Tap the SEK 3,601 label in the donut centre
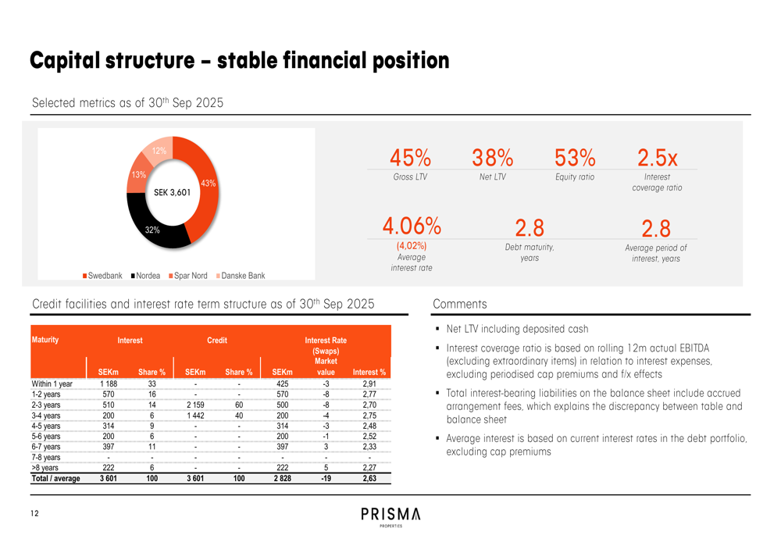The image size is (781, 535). pyautogui.click(x=172, y=192)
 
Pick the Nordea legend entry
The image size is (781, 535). pyautogui.click(x=145, y=276)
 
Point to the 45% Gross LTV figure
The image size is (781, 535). pyautogui.click(x=410, y=158)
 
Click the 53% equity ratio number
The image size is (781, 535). pyautogui.click(x=575, y=158)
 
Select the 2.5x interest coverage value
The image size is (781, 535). pyautogui.click(x=657, y=158)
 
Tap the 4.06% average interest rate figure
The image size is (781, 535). pyautogui.click(x=412, y=226)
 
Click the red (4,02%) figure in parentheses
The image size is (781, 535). pyautogui.click(x=412, y=245)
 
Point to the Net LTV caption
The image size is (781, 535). pyautogui.click(x=492, y=177)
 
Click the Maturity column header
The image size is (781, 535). pyautogui.click(x=45, y=340)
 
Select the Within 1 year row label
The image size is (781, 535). pyautogui.click(x=52, y=384)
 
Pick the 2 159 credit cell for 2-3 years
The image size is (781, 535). pyautogui.click(x=196, y=405)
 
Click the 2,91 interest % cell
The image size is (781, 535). pyautogui.click(x=369, y=384)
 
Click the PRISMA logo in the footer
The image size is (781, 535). pyautogui.click(x=390, y=515)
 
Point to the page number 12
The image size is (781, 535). pyautogui.click(x=34, y=513)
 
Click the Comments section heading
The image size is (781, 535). pyautogui.click(x=459, y=305)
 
